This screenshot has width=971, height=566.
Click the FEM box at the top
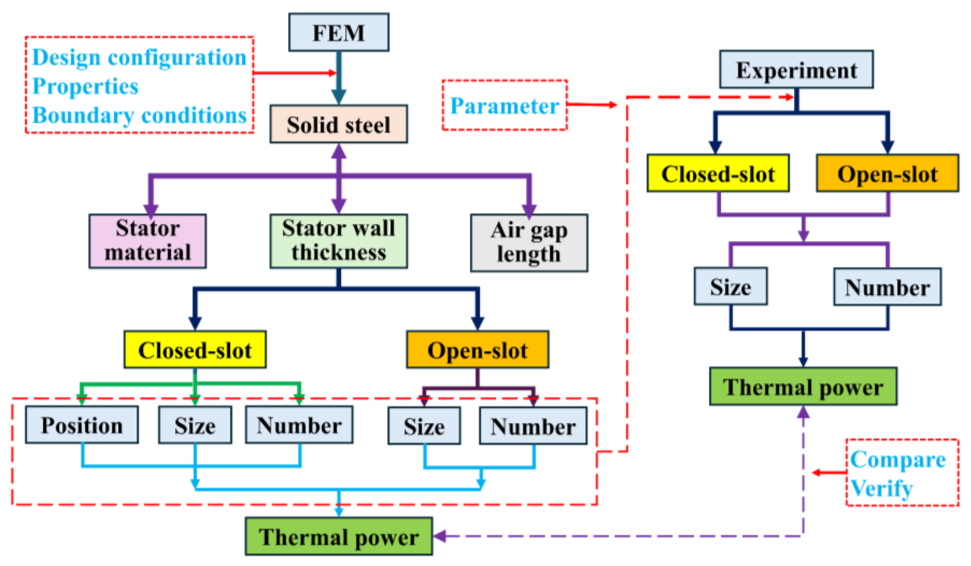[338, 32]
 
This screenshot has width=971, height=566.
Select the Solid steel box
[338, 124]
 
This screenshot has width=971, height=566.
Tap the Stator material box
[148, 241]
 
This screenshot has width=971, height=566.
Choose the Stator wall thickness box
[338, 241]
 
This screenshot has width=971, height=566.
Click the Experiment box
[796, 69]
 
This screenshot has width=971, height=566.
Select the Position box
[82, 425]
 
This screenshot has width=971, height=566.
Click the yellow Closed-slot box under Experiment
[718, 173]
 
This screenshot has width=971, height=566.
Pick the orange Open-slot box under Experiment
[887, 173]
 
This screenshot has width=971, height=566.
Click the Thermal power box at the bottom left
[338, 536]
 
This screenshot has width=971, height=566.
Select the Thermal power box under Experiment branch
[803, 387]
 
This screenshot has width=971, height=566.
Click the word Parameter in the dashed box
[504, 106]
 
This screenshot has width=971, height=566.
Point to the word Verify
[882, 489]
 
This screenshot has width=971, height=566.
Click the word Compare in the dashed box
[898, 459]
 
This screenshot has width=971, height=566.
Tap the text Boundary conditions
[139, 115]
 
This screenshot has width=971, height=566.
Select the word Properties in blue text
[85, 86]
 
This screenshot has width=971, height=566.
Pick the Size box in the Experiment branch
[730, 286]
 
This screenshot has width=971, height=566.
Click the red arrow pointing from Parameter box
[592, 104]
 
